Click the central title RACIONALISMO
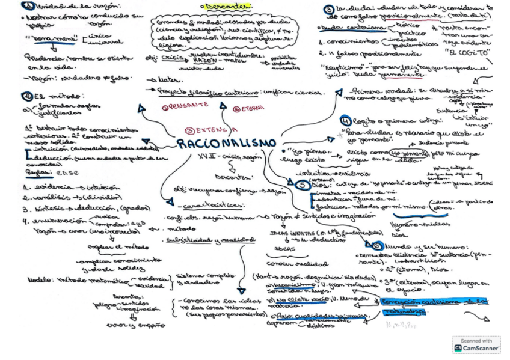[227, 144]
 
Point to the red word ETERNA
[244, 108]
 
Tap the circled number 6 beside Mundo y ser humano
[377, 246]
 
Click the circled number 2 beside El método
[27, 96]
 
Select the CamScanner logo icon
[459, 348]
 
